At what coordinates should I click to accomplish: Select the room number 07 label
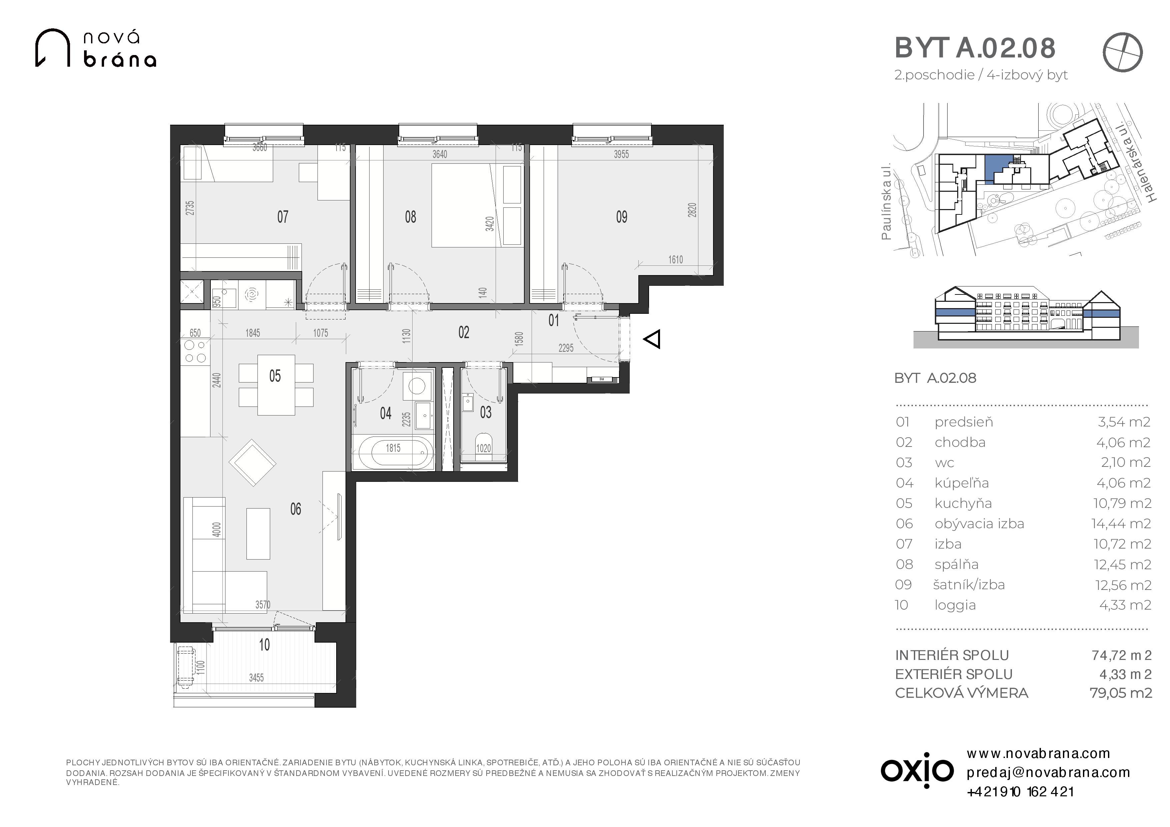coord(283,217)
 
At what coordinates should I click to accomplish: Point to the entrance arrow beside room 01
coord(652,339)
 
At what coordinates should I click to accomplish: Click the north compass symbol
coord(1123,52)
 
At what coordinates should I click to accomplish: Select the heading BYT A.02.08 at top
coord(975,48)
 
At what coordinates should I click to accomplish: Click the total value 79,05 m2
coord(1121,693)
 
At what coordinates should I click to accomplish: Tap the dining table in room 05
coord(276,385)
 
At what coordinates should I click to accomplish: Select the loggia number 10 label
coord(264,645)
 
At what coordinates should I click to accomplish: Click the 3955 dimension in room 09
coord(621,154)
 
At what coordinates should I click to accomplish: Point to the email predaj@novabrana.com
coord(1048,773)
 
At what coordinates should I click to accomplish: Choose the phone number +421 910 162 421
coord(1020,792)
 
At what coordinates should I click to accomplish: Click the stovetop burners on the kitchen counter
coord(195,351)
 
